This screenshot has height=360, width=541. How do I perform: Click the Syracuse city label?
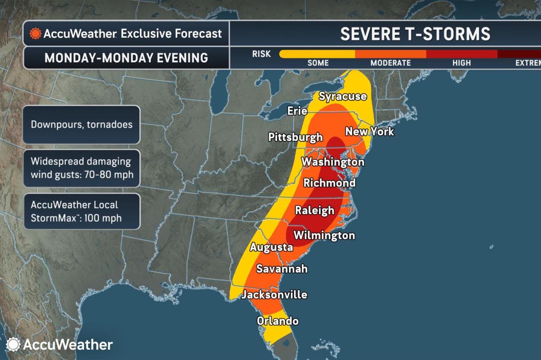pyautogui.click(x=342, y=96)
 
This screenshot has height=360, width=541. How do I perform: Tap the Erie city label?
pyautogui.click(x=297, y=111)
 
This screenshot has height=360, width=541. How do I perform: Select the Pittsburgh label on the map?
pyautogui.click(x=295, y=137)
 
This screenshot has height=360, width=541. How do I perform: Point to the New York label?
pyautogui.click(x=369, y=132)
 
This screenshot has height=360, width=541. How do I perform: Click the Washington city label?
pyautogui.click(x=333, y=161)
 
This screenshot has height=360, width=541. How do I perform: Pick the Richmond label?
pyautogui.click(x=329, y=183)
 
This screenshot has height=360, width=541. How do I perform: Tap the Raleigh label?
pyautogui.click(x=314, y=210)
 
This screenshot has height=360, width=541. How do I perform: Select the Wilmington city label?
pyautogui.click(x=324, y=235)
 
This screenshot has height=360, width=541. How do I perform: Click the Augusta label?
pyautogui.click(x=271, y=247)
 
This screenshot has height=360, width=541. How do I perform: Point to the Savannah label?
pyautogui.click(x=282, y=269)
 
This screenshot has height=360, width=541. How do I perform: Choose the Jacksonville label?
pyautogui.click(x=274, y=295)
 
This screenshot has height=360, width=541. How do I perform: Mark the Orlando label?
pyautogui.click(x=277, y=321)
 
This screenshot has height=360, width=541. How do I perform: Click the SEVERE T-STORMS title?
pyautogui.click(x=415, y=34)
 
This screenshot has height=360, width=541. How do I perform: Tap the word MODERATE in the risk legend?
pyautogui.click(x=390, y=63)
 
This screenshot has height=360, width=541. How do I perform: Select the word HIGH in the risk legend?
pyautogui.click(x=461, y=63)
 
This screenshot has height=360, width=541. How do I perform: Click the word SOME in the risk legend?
pyautogui.click(x=318, y=63)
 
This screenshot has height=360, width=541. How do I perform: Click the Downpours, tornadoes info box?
pyautogui.click(x=82, y=124)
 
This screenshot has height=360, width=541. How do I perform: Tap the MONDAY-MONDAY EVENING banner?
pyautogui.click(x=126, y=58)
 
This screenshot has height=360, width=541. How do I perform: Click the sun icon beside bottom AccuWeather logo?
pyautogui.click(x=14, y=345)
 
